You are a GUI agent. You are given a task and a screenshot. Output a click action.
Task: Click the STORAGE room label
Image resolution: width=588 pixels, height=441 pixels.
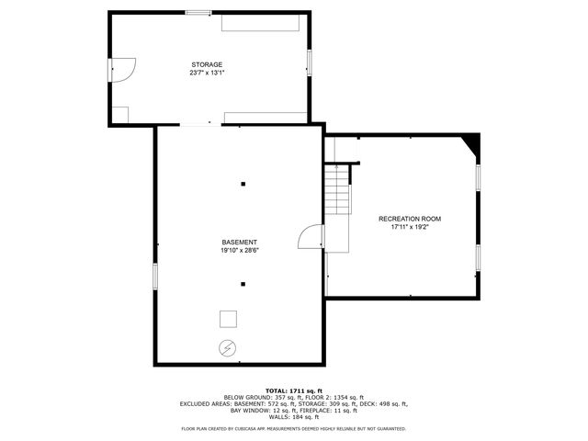tap(207, 64)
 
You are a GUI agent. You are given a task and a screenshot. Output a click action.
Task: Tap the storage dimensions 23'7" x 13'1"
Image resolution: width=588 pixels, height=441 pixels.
tap(207, 73)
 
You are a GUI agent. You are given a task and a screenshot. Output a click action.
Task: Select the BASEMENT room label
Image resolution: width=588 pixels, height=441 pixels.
tap(239, 242)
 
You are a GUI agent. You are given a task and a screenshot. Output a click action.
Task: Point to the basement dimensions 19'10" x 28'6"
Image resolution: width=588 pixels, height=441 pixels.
tap(239, 250)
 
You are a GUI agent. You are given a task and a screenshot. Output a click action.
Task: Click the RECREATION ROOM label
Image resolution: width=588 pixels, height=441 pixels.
tap(410, 219)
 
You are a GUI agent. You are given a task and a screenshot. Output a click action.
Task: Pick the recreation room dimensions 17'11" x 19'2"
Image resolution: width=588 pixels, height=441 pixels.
tap(410, 227)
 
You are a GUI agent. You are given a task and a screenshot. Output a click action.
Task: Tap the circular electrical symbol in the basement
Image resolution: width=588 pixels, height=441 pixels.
tap(227, 348)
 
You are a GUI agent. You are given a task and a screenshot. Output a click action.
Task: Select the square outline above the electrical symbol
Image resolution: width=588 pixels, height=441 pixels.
tap(228, 319)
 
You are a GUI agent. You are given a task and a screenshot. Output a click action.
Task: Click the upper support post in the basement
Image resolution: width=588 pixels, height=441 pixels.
tap(243, 185)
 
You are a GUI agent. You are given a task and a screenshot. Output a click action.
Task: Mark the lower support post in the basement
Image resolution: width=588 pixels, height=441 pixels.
tap(243, 284)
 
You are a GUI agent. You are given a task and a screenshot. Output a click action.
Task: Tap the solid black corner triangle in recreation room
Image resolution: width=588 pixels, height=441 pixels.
tap(472, 141)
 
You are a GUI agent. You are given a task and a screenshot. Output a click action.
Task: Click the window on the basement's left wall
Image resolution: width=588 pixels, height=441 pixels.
tap(155, 276)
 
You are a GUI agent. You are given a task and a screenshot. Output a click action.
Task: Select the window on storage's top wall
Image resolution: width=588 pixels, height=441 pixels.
tap(198, 12)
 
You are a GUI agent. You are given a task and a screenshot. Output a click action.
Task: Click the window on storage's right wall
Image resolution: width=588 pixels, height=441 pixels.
tap(309, 63)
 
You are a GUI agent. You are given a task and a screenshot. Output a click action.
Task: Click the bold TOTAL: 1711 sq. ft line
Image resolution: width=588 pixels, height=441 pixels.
tap(294, 390)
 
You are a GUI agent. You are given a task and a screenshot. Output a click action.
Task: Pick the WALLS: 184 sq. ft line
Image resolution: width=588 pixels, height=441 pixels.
tap(294, 416)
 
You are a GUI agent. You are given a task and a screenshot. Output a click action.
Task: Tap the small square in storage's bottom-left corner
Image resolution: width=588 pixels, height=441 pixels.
tap(120, 115)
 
